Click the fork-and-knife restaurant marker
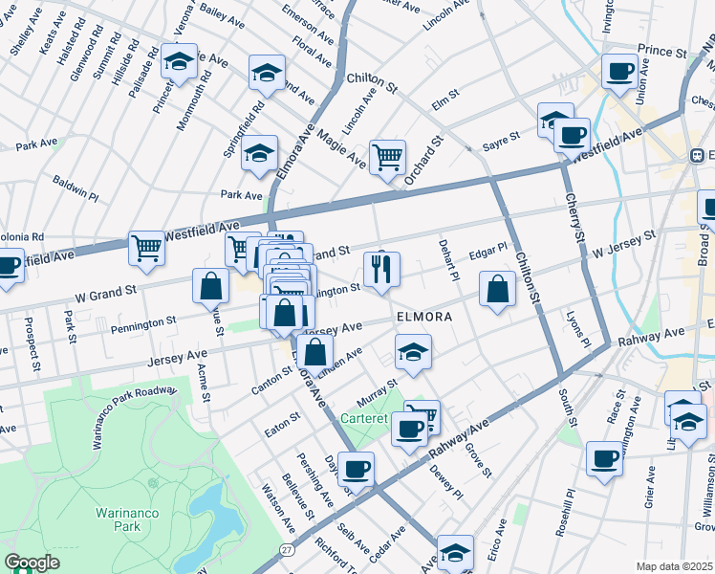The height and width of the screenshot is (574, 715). (381, 270)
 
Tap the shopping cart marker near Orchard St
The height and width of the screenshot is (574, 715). (387, 157)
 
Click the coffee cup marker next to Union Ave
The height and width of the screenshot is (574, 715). (618, 72)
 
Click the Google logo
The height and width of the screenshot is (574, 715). (32, 562)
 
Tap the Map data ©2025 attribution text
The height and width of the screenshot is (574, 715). (674, 566)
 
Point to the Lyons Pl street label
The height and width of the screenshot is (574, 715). (574, 325)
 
